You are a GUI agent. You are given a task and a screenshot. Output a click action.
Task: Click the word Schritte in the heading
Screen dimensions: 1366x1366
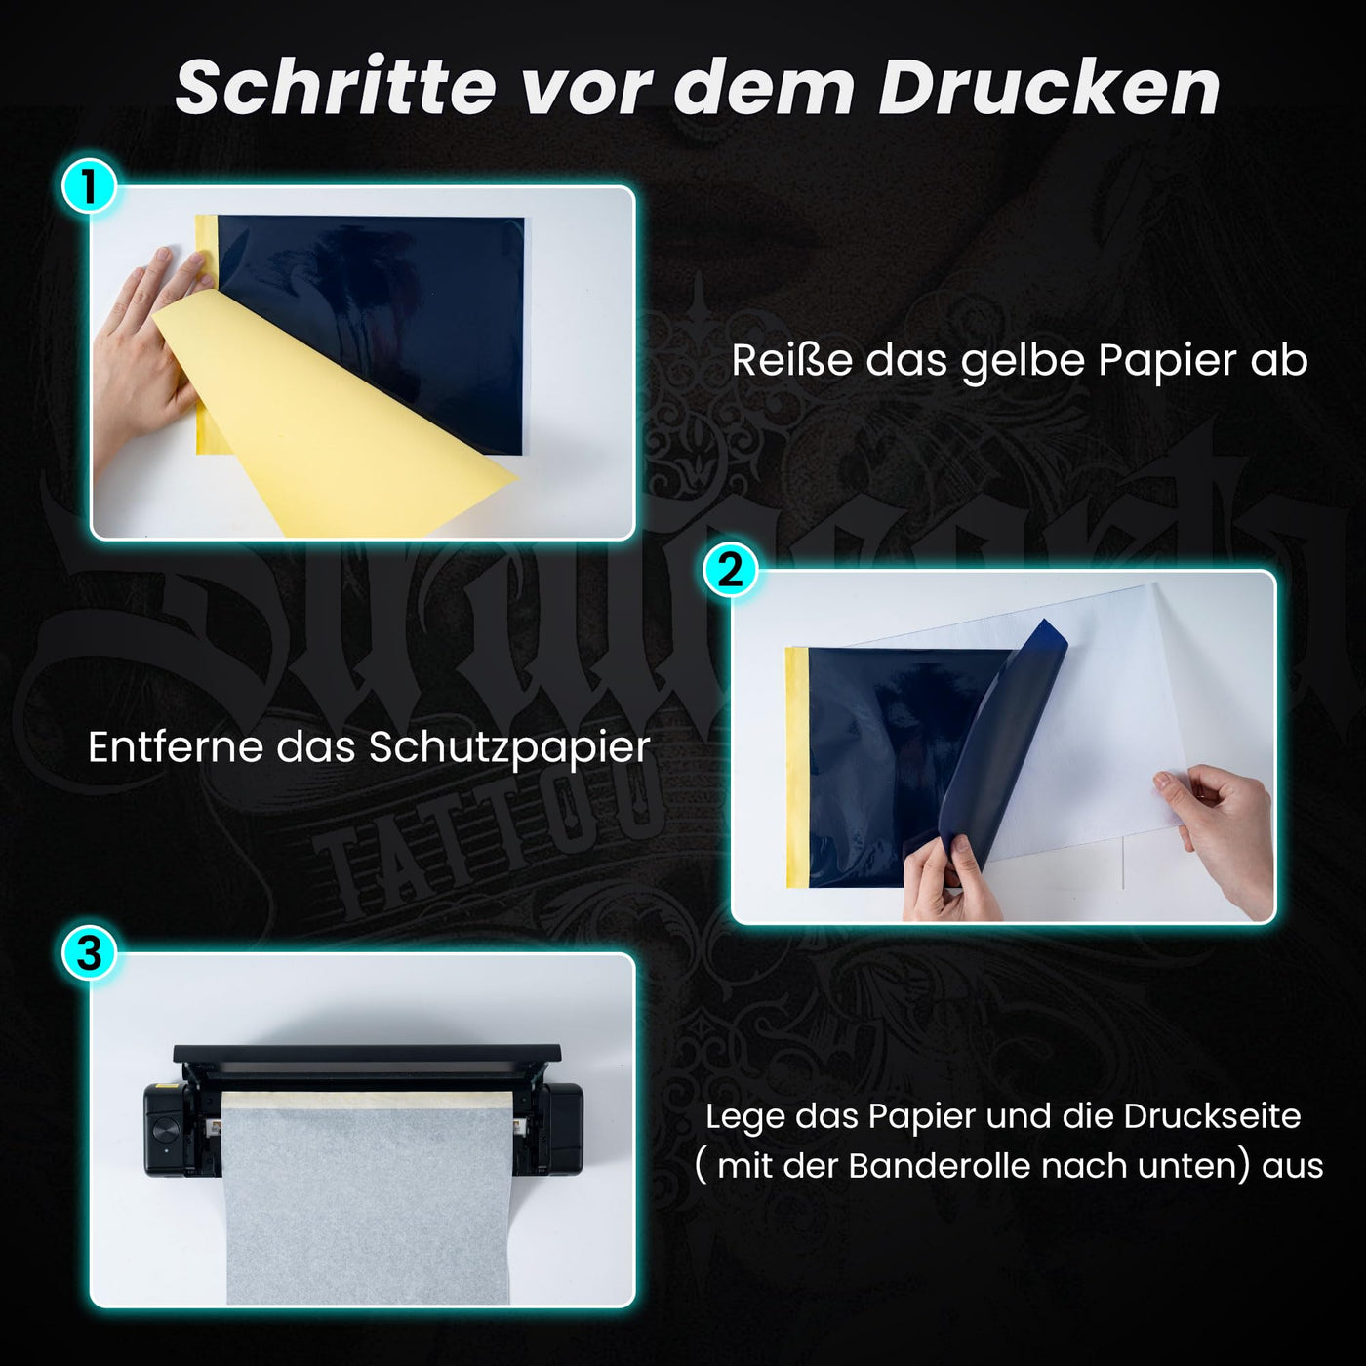point(336,88)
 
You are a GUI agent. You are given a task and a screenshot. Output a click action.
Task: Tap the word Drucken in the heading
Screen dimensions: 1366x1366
point(1049,88)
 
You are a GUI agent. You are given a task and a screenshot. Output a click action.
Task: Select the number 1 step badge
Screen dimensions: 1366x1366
point(90,186)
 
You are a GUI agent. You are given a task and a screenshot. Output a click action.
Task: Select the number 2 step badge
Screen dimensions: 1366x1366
point(730,570)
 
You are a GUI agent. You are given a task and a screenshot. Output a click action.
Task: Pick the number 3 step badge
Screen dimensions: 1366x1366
point(90,953)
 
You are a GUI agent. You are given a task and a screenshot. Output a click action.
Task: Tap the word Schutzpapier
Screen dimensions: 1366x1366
point(508,749)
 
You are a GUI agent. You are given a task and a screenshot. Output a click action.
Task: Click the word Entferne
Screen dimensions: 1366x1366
point(175,747)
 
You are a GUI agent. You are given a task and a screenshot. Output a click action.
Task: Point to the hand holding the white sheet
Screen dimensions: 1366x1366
point(1220,829)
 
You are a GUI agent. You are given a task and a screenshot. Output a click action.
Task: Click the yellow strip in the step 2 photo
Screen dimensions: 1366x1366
point(797,766)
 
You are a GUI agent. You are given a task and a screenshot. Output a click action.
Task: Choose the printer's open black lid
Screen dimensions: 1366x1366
point(367,1055)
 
